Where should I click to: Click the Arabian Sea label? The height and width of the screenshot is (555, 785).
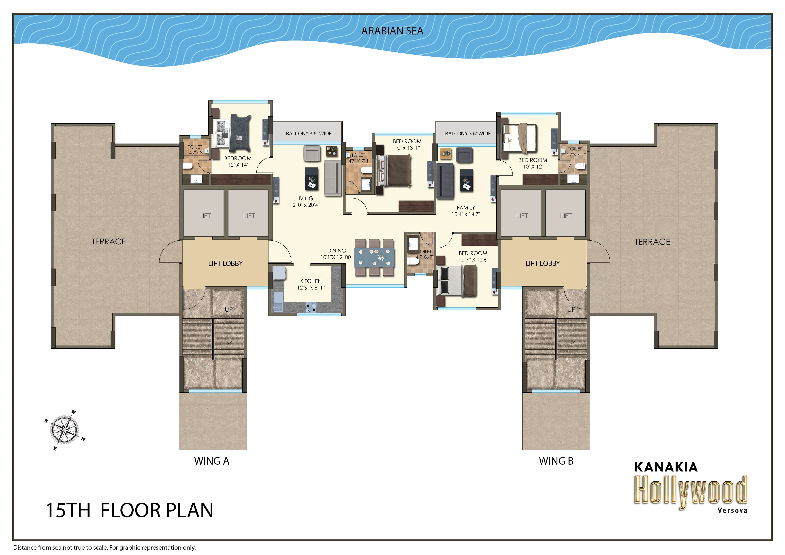(392, 31)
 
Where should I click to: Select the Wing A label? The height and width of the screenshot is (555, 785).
(212, 461)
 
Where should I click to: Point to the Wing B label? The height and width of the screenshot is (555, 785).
(556, 461)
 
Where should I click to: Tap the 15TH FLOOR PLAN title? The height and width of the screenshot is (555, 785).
(129, 510)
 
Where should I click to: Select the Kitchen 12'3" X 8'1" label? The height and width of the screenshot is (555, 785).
(311, 284)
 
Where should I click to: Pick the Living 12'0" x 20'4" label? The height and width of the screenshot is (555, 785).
(304, 201)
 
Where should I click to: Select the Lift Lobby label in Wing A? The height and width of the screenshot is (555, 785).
(225, 263)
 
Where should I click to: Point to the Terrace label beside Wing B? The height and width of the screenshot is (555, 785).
(652, 242)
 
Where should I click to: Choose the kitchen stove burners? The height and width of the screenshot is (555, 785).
(311, 308)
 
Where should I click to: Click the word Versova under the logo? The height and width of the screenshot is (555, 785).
(732, 510)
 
